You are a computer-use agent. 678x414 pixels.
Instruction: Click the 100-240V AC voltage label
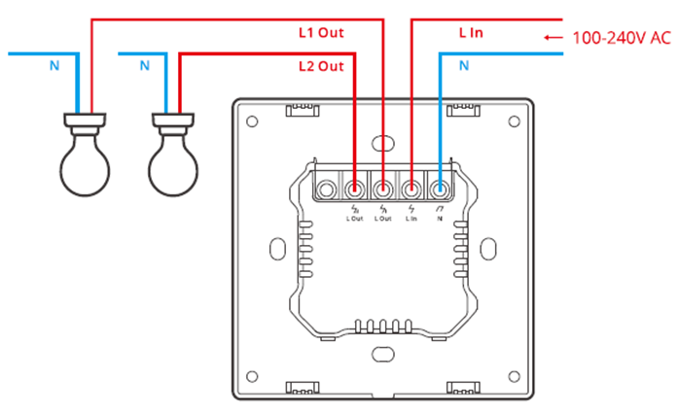pyautogui.click(x=622, y=38)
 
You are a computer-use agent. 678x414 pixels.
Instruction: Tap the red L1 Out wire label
pyautogui.click(x=321, y=32)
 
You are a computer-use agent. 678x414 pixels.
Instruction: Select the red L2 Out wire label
pyautogui.click(x=321, y=67)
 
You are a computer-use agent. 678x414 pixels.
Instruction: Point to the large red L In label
pyautogui.click(x=471, y=32)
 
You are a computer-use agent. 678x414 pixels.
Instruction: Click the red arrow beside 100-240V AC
pyautogui.click(x=554, y=38)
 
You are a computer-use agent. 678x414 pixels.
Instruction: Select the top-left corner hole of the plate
pyautogui.click(x=253, y=122)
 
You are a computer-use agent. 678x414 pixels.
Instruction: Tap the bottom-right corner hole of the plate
pyautogui.click(x=515, y=376)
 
